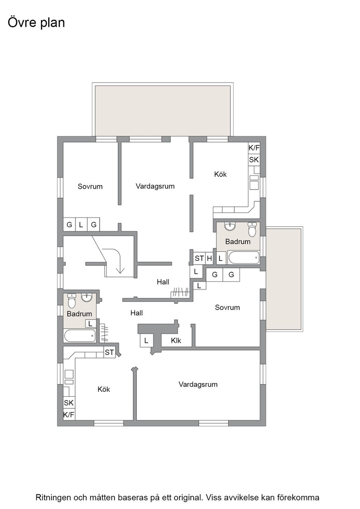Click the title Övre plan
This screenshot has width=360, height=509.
pos(36,23)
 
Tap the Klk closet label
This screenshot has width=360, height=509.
pos(176,340)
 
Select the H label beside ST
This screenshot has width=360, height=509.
pos(210,259)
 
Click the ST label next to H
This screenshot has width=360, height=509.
pos(199,259)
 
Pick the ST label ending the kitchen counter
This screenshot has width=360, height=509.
pos(110,352)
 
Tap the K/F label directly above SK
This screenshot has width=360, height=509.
pos(254,148)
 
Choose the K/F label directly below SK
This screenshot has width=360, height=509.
pos(69,414)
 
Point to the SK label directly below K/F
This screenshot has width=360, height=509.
pos(254,160)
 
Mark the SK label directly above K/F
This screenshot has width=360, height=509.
pos(69,403)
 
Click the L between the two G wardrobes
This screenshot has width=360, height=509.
pos(81,225)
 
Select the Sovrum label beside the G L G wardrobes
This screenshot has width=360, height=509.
pos(90,186)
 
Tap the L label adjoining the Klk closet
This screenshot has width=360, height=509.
pos(146,341)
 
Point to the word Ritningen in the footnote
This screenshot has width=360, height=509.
pos(53,498)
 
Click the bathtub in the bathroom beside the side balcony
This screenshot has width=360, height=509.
pos(244,257)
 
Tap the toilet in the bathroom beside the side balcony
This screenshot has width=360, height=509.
pos(252,229)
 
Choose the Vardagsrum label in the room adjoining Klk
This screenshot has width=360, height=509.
pos(198,384)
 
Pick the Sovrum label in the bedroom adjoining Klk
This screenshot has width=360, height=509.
pos(227,307)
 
